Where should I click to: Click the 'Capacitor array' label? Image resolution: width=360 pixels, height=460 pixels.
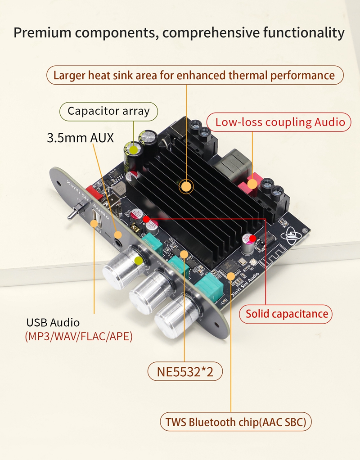click(108, 111)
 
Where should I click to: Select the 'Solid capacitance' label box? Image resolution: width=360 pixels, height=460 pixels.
click(287, 313)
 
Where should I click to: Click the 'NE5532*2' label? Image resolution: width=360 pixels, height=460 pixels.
click(185, 372)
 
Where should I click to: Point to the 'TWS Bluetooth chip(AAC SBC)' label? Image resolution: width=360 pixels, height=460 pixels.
click(236, 422)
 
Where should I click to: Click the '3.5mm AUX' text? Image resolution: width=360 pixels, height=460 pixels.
click(81, 137)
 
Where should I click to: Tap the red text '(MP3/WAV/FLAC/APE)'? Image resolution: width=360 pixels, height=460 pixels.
click(79, 337)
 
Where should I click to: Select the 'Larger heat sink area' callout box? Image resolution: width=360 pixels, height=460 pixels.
click(194, 75)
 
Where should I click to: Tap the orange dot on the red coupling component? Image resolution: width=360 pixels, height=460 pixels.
click(252, 184)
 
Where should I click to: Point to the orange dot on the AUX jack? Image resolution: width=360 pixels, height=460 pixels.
click(118, 235)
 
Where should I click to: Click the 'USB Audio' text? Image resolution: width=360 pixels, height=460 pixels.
click(53, 322)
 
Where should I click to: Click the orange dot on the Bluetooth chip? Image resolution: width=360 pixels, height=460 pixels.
click(231, 275)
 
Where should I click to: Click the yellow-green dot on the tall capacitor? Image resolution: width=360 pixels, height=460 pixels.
click(134, 148)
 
